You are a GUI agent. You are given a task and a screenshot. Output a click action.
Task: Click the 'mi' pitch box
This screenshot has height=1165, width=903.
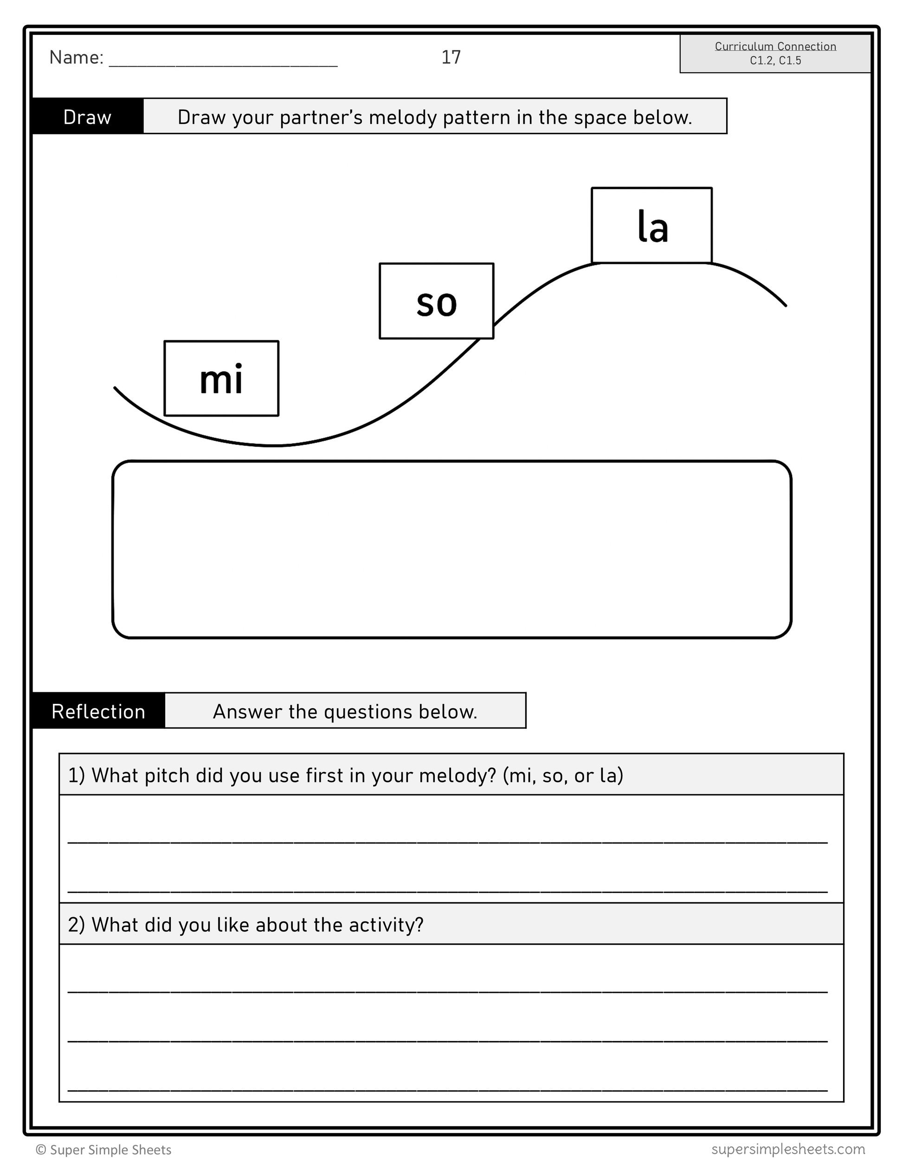[221, 378]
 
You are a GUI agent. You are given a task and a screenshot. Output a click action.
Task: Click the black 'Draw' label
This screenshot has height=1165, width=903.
[88, 117]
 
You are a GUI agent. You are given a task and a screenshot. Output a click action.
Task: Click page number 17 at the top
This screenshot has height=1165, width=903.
[451, 57]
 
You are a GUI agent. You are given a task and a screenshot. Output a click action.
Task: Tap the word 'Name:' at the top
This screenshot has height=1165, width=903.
[76, 58]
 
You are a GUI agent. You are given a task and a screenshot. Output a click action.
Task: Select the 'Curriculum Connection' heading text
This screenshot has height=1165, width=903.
[775, 46]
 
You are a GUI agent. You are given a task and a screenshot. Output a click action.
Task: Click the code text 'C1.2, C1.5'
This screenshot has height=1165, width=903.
[775, 60]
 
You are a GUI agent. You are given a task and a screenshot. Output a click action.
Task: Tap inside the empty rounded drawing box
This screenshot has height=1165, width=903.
[451, 549]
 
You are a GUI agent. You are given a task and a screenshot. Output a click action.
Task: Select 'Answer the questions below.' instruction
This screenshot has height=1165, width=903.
[345, 711]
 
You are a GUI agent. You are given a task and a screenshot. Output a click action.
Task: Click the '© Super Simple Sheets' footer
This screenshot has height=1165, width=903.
[103, 1150]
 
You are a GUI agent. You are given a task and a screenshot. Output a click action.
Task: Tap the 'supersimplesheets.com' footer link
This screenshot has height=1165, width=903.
[788, 1148]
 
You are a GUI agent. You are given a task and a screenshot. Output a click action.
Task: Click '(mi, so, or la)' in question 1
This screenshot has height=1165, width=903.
[563, 775]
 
